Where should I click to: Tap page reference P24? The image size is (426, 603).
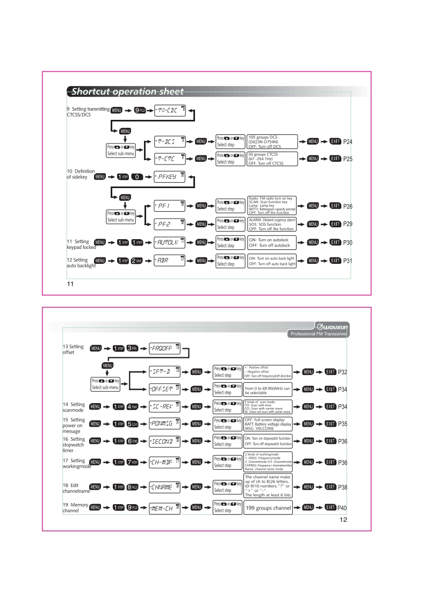tap(348, 142)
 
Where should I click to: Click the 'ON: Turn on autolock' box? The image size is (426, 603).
tap(272, 242)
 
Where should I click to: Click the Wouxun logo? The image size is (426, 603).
tap(330, 325)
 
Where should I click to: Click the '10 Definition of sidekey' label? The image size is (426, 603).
tap(74, 174)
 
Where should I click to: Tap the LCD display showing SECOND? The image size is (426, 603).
tap(164, 441)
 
